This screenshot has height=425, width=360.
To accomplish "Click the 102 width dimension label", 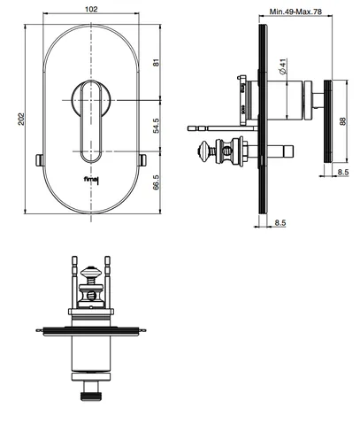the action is [91, 10].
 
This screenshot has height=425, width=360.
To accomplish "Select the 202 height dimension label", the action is [21, 119].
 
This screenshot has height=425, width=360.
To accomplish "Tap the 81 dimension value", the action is [156, 63].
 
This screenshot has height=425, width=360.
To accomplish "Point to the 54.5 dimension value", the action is [156, 126].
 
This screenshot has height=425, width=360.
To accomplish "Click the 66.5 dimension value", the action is [156, 182].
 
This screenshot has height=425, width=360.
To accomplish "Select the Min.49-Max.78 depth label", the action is [295, 12].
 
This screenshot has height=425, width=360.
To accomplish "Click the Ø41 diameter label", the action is [282, 67].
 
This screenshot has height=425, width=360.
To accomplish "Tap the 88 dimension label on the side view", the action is [343, 121].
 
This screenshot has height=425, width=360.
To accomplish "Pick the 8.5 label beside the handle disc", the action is [343, 172].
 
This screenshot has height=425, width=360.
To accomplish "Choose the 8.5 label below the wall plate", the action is [280, 222].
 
